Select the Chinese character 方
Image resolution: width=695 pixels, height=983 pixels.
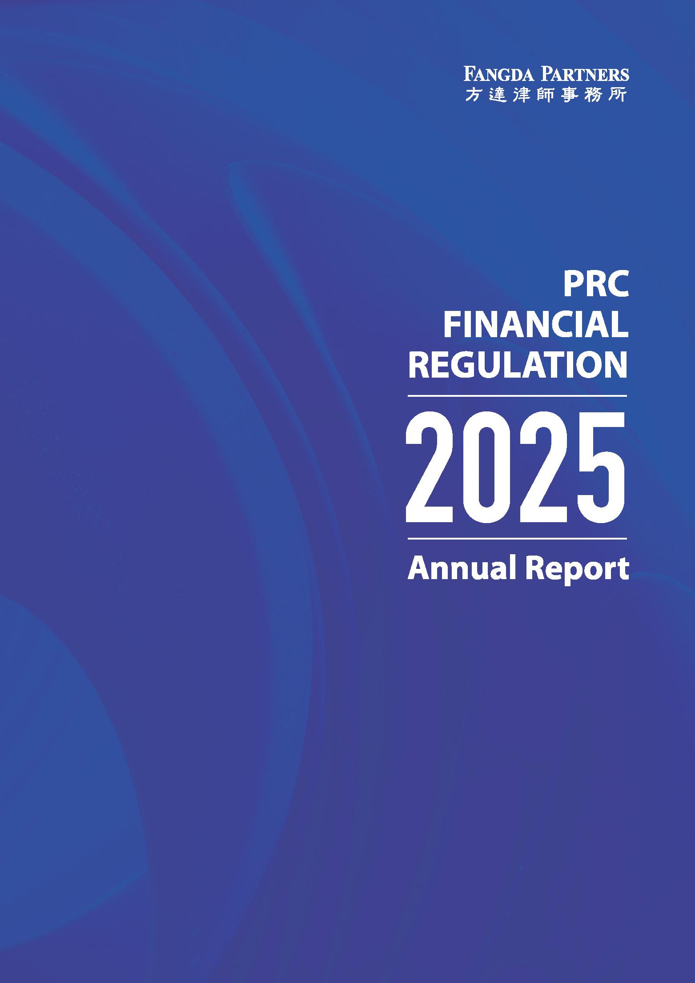click(472, 94)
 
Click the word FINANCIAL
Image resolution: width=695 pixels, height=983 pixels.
click(536, 326)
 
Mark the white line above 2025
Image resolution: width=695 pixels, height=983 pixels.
click(517, 395)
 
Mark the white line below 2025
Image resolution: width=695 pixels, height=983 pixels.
click(517, 539)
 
